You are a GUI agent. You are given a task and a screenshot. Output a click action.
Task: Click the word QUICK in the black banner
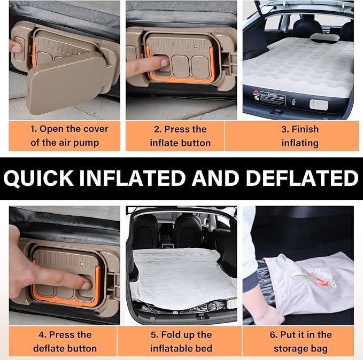(x=38, y=178)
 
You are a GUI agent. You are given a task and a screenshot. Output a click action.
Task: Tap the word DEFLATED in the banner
(x=302, y=178)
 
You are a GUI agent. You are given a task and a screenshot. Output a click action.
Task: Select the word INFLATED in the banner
(x=133, y=178)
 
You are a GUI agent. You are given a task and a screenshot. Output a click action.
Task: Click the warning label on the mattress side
(x=273, y=97)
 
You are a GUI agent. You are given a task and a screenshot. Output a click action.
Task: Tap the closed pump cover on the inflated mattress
(x=319, y=105)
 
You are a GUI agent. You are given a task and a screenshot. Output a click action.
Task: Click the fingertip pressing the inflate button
(x=165, y=62)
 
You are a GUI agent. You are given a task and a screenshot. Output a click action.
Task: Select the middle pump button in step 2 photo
(x=181, y=66)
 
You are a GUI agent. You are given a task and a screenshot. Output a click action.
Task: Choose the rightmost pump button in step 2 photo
(x=200, y=66)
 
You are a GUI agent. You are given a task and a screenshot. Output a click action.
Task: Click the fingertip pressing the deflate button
(x=87, y=286)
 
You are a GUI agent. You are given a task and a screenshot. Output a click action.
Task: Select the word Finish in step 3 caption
(x=305, y=129)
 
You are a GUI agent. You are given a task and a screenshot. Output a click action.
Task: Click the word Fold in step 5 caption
(x=170, y=334)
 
